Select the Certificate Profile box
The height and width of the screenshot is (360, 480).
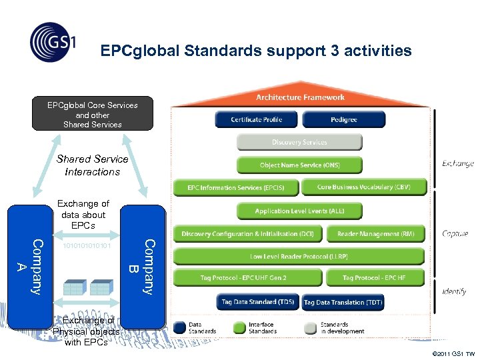click(x=257, y=120)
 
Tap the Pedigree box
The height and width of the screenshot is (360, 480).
click(x=343, y=120)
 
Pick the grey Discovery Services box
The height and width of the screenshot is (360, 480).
click(x=299, y=142)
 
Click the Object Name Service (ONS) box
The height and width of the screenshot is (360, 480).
click(x=299, y=165)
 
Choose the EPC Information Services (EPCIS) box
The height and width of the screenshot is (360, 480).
click(x=236, y=188)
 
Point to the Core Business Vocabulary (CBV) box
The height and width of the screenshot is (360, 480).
click(x=364, y=187)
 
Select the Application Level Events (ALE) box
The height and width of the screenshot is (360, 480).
click(x=299, y=211)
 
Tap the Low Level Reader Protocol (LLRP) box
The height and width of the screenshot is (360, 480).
click(x=299, y=257)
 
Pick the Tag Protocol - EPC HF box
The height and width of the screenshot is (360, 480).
click(x=374, y=277)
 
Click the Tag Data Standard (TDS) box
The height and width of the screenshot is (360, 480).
click(x=257, y=302)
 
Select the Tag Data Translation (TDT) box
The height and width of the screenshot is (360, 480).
click(x=343, y=303)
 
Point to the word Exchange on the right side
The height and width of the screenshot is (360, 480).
click(x=457, y=163)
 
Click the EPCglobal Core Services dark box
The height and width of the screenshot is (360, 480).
click(x=93, y=115)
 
